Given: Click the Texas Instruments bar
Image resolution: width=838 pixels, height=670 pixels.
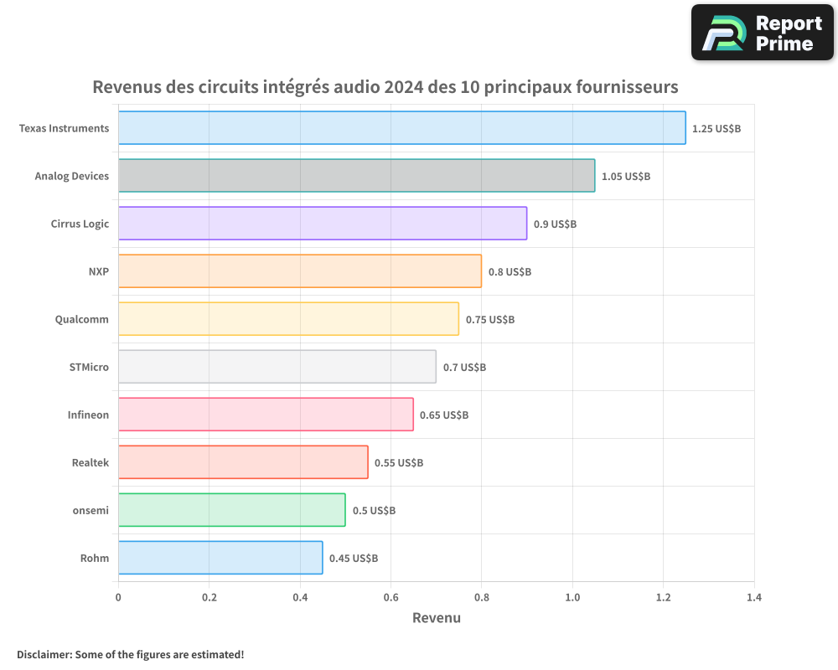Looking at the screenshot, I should tap(401, 128).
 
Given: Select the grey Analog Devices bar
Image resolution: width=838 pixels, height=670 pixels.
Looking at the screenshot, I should tap(356, 176).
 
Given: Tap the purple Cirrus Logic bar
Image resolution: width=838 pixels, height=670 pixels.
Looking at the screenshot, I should tap(322, 224).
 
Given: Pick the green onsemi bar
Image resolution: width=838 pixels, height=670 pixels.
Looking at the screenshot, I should tap(231, 510).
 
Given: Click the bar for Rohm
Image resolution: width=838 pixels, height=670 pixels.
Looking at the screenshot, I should tap(220, 558).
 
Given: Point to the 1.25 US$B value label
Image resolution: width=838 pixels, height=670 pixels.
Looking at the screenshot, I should tap(716, 129).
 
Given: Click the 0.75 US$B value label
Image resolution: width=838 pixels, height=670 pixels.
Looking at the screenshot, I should tap(489, 320).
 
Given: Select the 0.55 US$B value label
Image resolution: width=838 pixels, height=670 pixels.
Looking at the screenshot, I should tap(398, 463).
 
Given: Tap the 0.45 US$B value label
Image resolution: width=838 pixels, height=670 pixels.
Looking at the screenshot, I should tap(353, 559).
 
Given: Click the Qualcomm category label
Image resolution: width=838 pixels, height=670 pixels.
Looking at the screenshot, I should tap(81, 319).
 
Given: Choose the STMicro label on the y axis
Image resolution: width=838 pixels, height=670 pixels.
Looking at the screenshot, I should tap(89, 367).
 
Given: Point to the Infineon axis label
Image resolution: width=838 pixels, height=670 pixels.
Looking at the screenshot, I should tap(88, 415).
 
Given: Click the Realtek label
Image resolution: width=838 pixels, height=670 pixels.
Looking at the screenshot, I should tap(91, 462).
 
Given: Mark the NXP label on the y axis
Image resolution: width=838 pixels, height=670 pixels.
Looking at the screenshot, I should tap(98, 271).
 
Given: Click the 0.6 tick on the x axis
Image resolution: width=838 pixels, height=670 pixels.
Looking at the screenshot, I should tap(391, 598).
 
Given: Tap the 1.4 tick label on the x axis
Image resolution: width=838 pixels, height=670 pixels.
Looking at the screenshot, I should tap(753, 598).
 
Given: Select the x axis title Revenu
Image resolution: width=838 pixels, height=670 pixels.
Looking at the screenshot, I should tap(436, 618).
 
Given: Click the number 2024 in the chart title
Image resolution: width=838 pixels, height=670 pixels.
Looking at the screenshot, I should tap(403, 87).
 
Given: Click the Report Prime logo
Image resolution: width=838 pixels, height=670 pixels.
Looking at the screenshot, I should tap(763, 33).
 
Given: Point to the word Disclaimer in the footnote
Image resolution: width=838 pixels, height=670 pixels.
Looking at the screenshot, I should tap(44, 654).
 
